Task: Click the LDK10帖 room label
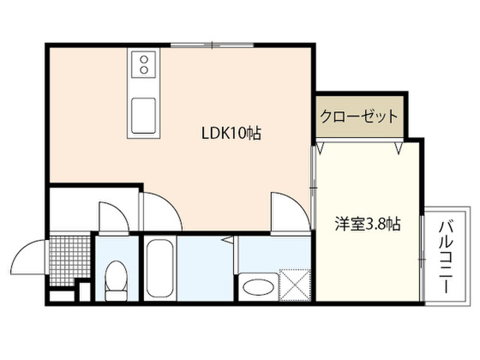click(x=231, y=134)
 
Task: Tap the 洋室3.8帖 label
click(x=367, y=224)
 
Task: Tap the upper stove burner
click(x=144, y=60)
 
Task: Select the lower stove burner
click(x=144, y=70)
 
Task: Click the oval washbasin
click(x=258, y=286)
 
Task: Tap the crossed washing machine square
click(x=295, y=285)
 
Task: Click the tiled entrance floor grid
click(x=69, y=259)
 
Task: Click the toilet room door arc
click(x=112, y=217)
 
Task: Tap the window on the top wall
click(x=212, y=45)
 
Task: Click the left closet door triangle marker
click(x=321, y=148)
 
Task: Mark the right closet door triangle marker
click(x=399, y=148)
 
